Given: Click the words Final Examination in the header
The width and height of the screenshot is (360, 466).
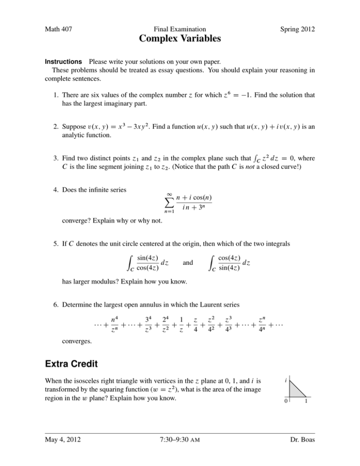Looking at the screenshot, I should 180,29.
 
